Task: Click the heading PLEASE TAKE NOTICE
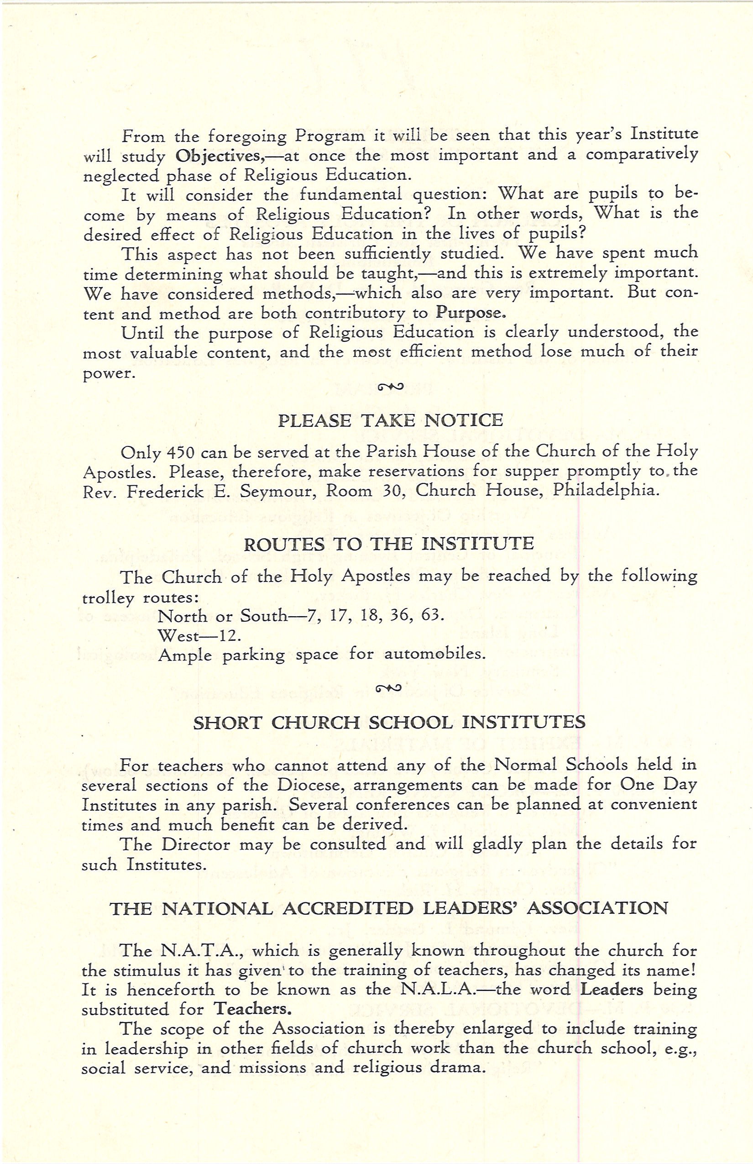[390, 420]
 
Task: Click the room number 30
[395, 491]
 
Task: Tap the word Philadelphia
[606, 491]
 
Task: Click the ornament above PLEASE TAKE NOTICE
[390, 388]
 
